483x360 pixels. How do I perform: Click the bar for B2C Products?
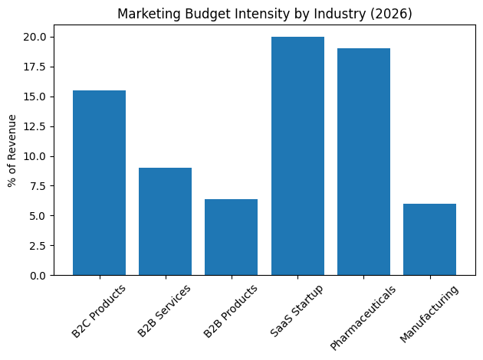[99, 182]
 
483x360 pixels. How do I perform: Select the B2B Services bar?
[165, 221]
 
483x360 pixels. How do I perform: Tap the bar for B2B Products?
[231, 237]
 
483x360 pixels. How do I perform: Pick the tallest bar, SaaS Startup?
[297, 155]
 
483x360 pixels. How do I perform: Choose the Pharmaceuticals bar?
[363, 162]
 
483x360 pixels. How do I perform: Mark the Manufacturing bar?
[429, 239]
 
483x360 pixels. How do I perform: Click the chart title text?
[264, 13]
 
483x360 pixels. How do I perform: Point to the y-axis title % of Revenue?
[13, 150]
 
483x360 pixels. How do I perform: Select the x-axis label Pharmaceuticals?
[363, 317]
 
